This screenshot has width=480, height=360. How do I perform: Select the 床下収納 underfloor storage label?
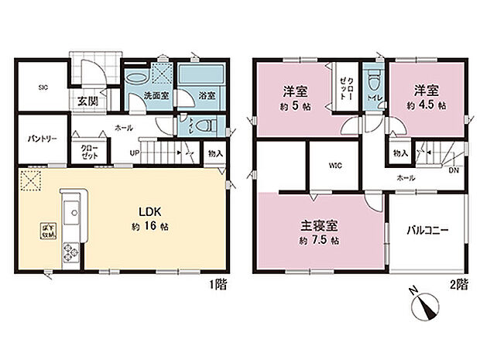[46, 229]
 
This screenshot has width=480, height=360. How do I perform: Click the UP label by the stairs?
[135, 152]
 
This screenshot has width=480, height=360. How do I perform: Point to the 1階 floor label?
[218, 283]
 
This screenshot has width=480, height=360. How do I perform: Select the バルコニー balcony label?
[429, 230]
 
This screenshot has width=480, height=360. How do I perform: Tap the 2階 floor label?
[458, 283]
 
